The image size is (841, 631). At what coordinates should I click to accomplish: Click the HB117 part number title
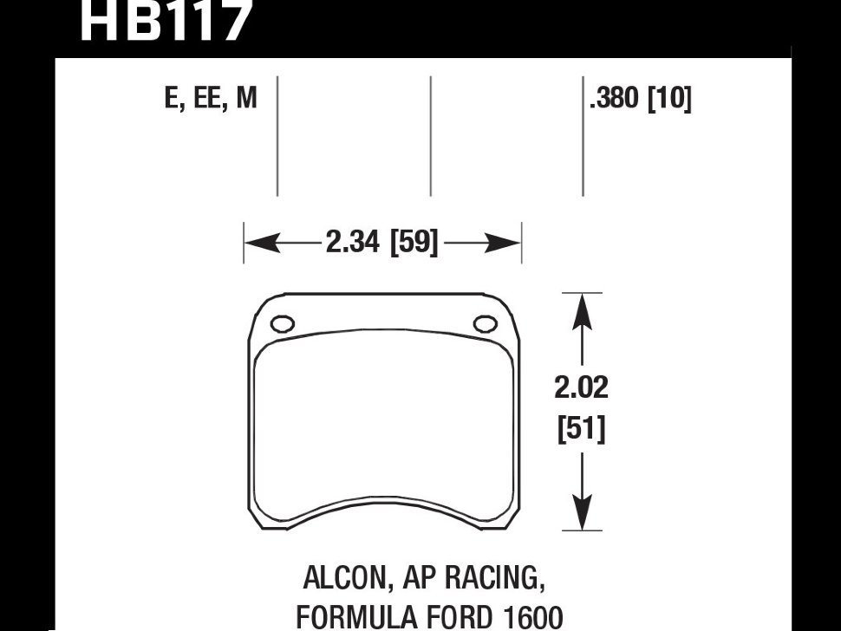click(x=165, y=21)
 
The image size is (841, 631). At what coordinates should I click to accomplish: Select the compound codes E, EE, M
click(x=211, y=99)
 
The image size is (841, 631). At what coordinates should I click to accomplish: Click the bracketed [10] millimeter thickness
click(x=669, y=99)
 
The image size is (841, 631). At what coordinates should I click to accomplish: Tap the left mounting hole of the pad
click(x=283, y=324)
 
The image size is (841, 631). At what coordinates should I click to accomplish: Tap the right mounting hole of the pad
click(x=484, y=324)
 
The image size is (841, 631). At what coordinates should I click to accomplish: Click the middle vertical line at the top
click(x=431, y=135)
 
